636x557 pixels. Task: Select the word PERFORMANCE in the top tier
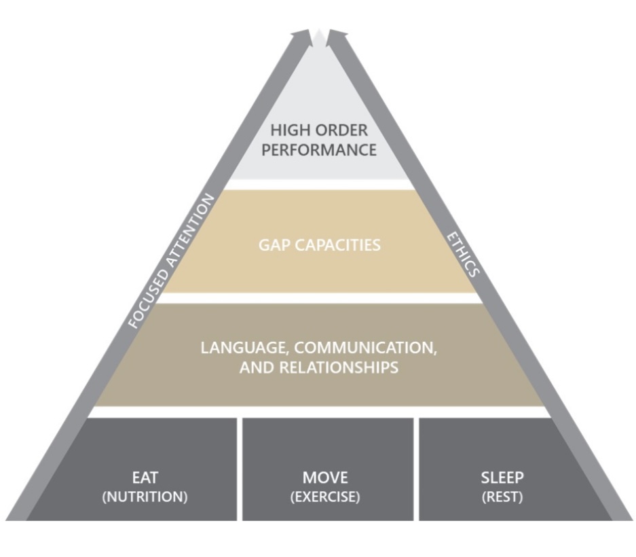[319, 150]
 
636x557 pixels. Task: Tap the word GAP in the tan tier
[274, 245]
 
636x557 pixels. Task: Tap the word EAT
[145, 478]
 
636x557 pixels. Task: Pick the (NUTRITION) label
[145, 497]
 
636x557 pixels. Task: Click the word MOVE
[325, 478]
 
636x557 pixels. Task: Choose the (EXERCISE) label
[325, 497]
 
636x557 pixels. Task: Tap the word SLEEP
[502, 478]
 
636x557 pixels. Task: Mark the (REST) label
[502, 497]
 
